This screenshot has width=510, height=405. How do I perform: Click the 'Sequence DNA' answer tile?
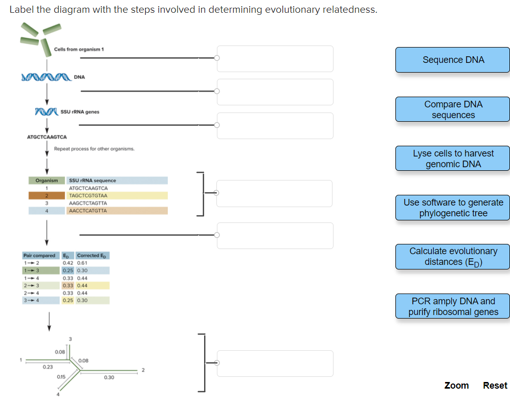453,60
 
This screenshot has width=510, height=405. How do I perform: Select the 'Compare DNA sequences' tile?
453,109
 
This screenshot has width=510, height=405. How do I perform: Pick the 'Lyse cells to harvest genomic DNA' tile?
453,159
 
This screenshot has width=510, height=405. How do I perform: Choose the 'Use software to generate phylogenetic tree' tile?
453,208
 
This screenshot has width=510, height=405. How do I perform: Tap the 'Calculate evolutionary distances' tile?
453,257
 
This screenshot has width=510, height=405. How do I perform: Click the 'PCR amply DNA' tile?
453,306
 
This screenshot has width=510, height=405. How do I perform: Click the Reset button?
495,386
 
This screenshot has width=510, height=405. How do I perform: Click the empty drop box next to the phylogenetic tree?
275,363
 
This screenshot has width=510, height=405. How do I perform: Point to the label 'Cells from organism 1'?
79,49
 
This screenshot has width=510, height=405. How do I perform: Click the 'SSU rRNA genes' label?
80,111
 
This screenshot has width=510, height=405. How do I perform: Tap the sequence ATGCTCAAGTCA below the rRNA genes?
47,137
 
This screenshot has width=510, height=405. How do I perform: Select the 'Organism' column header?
47,181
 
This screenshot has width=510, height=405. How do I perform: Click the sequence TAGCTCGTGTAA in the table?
88,195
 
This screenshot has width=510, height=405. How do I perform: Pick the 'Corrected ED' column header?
92,255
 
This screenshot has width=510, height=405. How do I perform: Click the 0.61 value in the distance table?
82,263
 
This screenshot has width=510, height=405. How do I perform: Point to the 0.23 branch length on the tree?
48,367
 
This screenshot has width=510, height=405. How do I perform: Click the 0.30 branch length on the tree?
109,377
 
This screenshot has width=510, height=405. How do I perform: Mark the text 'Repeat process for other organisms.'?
94,149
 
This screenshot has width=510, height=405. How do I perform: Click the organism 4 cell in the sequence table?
47,211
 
